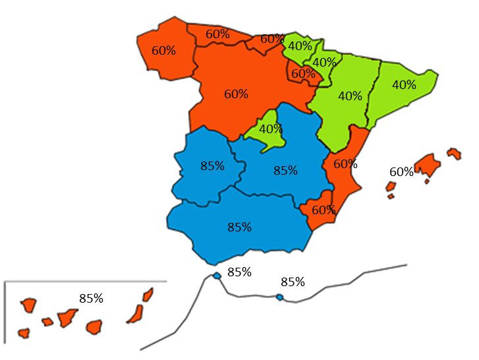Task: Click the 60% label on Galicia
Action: (x=163, y=50)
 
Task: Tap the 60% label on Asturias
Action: (x=217, y=34)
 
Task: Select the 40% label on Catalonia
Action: (x=404, y=84)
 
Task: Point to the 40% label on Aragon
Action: (x=350, y=96)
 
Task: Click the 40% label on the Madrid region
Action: (x=271, y=129)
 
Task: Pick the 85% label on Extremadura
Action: (x=212, y=165)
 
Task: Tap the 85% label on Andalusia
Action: (x=240, y=227)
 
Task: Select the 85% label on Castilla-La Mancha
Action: (x=285, y=170)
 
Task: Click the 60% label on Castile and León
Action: (x=236, y=94)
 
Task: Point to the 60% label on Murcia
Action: (x=324, y=210)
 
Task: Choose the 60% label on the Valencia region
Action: (x=345, y=164)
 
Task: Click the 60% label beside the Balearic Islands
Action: (x=401, y=172)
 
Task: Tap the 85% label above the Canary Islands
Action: (x=91, y=298)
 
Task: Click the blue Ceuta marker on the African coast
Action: (x=217, y=276)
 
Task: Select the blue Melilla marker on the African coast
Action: (x=279, y=297)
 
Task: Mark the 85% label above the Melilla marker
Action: (x=293, y=282)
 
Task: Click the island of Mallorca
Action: (x=427, y=165)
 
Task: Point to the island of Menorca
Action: (x=453, y=153)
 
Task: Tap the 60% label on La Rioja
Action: (x=303, y=74)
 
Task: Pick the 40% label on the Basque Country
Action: (x=300, y=46)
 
